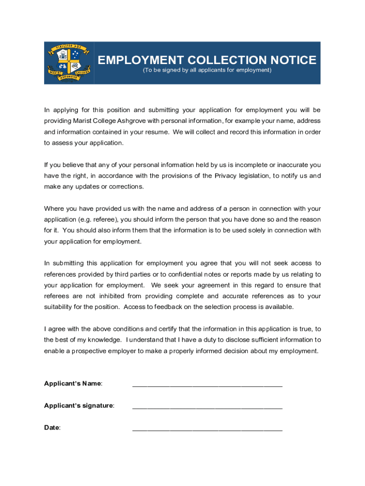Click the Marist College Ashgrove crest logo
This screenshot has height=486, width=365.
[69, 63]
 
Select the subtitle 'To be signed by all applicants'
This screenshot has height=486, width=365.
[207, 70]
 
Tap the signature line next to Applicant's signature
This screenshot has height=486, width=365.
[207, 407]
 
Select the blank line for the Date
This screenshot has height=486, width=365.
[207, 430]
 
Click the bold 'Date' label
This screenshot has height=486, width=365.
[52, 428]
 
